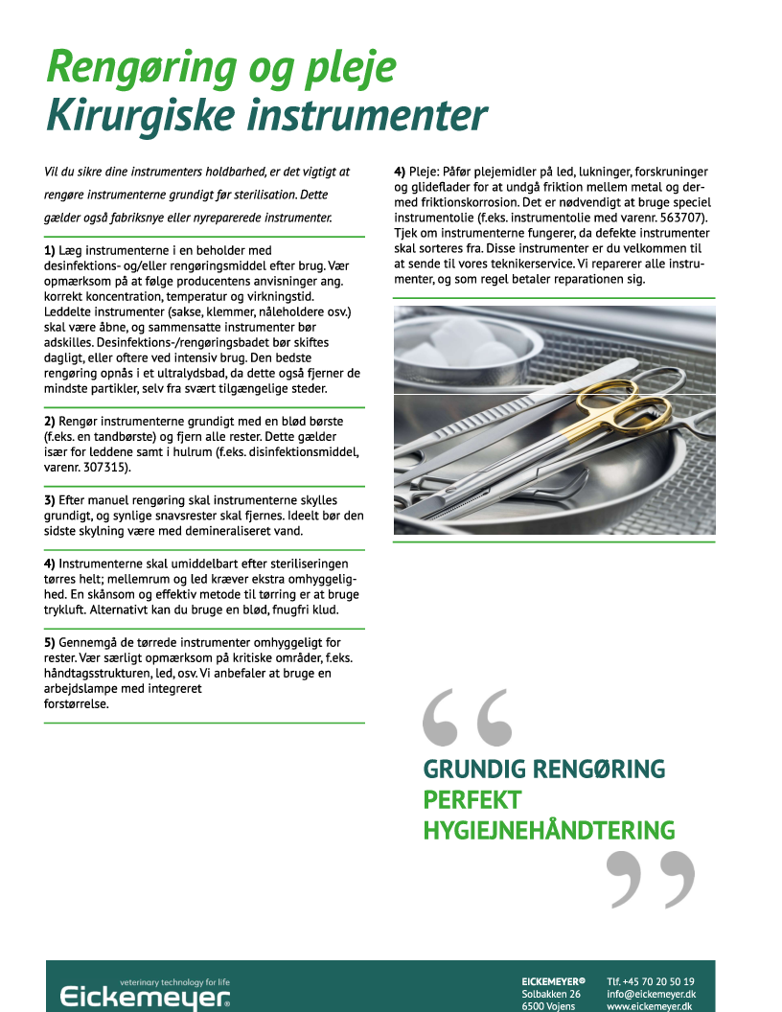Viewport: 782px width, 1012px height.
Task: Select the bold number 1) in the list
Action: tap(51, 250)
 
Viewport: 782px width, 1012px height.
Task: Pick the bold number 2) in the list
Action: tap(51, 421)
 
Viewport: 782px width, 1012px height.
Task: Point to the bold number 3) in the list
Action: tap(51, 500)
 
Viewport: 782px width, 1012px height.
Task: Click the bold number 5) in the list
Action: tap(51, 642)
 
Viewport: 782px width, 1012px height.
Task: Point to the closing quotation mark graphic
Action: tap(651, 878)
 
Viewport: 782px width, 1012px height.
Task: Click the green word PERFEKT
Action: tap(472, 799)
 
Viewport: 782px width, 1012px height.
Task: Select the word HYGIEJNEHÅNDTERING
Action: tap(548, 830)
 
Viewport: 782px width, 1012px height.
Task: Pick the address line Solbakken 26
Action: tap(550, 995)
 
